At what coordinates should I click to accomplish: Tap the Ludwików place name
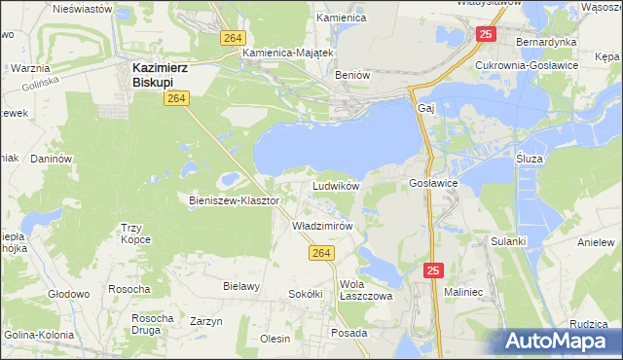click(x=336, y=185)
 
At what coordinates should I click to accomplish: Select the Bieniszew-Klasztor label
click(x=235, y=200)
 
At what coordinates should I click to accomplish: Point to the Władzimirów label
click(x=321, y=225)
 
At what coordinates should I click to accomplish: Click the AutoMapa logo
click(x=561, y=341)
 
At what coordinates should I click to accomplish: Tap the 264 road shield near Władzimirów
click(x=323, y=253)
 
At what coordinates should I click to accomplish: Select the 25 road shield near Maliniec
click(x=434, y=270)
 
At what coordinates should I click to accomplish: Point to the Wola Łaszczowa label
click(x=366, y=291)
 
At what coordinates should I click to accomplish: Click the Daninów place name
click(x=53, y=158)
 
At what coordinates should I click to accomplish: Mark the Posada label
click(x=349, y=332)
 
